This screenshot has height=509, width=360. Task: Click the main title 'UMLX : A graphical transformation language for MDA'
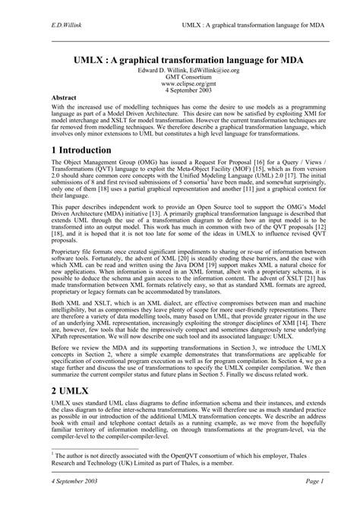[180, 57]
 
